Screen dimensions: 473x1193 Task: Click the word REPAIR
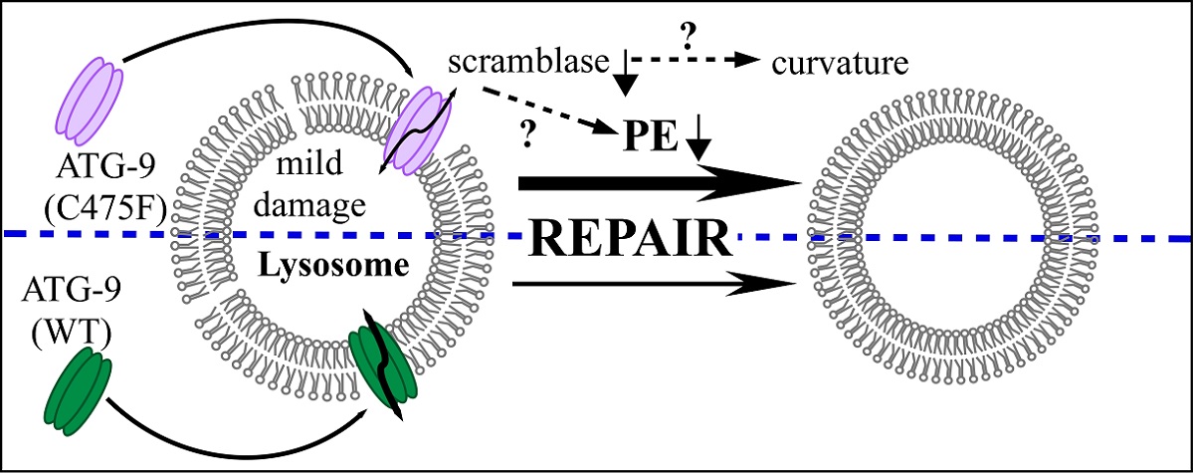click(632, 239)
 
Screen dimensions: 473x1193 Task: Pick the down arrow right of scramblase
click(625, 79)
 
